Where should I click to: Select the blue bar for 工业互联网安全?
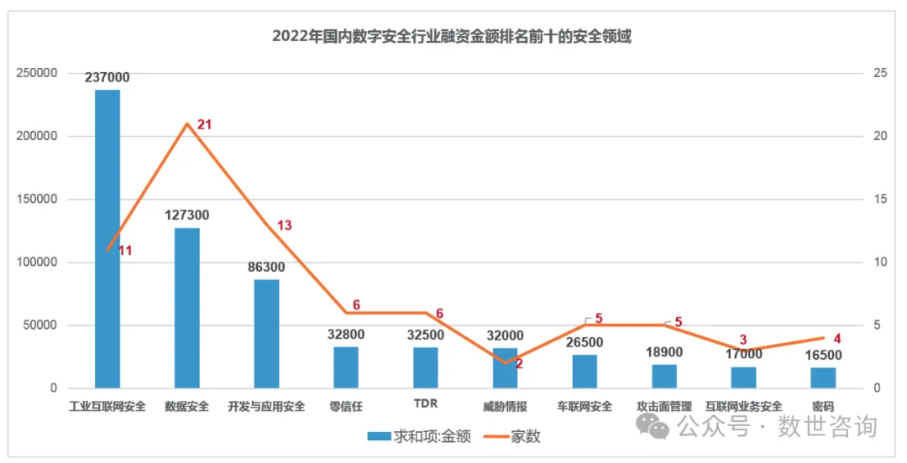107,239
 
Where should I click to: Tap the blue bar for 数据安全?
186,308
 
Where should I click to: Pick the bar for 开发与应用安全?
266,334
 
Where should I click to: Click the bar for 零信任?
346,367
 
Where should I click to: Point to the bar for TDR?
426,367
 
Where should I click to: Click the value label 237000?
107,77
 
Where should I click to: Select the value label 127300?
186,216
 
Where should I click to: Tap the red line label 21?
204,124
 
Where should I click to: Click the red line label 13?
285,225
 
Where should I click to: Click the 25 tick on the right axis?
880,73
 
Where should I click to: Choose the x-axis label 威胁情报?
505,407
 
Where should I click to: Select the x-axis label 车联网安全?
585,407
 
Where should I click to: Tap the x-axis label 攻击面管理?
664,407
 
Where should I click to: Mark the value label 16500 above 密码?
823,355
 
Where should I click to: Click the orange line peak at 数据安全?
186,124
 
